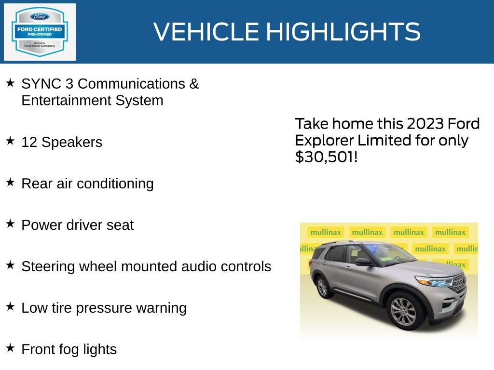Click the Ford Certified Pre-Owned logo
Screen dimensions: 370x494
tap(40, 32)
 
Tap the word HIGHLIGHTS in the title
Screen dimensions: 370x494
tap(343, 32)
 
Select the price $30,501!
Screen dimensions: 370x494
tap(326, 157)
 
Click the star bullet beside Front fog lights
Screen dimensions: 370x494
tap(10, 348)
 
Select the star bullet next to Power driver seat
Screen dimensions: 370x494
tap(10, 224)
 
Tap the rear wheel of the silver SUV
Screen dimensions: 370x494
tap(322, 287)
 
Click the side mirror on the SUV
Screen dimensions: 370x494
tap(363, 262)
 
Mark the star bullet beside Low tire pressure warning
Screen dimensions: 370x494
tap(10, 306)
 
